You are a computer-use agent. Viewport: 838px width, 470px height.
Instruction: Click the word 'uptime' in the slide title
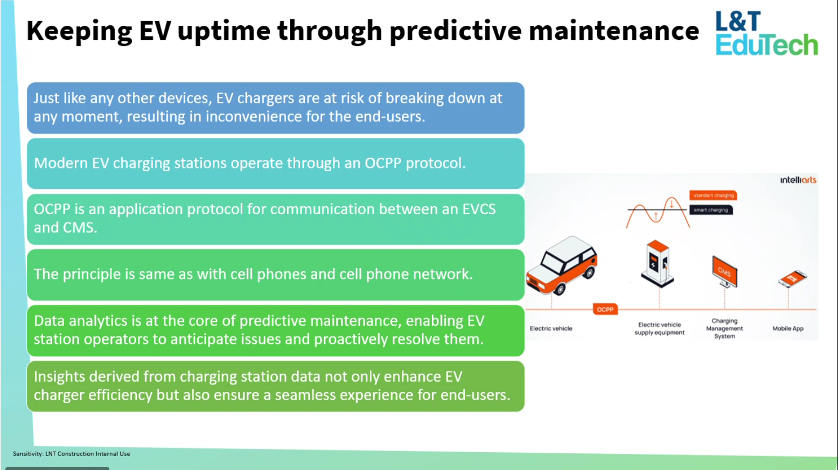224,31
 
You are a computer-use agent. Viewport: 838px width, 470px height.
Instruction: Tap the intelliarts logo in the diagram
798,180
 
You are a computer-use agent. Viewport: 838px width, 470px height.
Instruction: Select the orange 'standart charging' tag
713,195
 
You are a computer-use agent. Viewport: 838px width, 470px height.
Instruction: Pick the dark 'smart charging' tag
711,210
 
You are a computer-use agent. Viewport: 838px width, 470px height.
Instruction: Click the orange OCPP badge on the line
605,310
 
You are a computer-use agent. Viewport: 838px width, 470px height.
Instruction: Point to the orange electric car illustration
562,265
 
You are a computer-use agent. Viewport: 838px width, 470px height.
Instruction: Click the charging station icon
657,264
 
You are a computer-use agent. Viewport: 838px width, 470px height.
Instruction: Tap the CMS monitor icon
725,272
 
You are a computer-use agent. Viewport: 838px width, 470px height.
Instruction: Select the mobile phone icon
792,278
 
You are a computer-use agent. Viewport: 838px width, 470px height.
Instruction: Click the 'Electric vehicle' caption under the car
551,328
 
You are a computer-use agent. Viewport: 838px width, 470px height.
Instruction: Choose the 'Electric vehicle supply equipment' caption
660,328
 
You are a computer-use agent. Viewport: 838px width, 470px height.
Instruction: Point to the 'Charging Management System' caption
724,328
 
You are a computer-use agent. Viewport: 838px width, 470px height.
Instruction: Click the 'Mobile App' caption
788,328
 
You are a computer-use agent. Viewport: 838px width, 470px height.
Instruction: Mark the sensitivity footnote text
72,453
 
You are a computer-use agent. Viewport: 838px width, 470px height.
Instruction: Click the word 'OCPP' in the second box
383,163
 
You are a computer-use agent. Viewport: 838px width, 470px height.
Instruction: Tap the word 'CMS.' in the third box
80,227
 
